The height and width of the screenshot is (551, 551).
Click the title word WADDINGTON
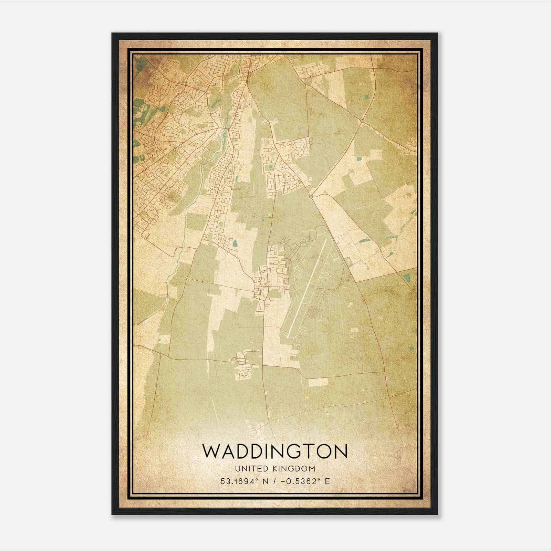(274, 451)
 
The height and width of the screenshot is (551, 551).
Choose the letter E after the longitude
(327, 481)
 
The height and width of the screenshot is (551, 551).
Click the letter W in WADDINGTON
(211, 451)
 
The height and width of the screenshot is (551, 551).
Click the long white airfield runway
(306, 288)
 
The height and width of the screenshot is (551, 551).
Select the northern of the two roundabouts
(362, 121)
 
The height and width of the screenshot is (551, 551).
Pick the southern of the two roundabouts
(311, 196)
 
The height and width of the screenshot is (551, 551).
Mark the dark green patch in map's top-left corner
(139, 64)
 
